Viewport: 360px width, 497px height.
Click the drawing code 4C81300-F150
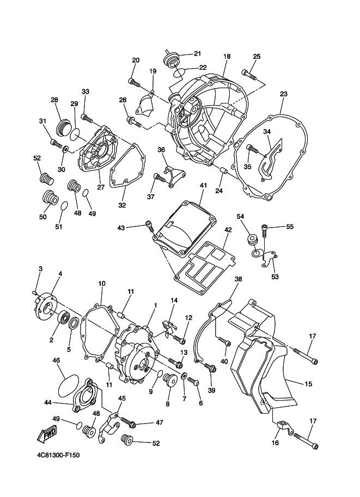[x=58, y=456]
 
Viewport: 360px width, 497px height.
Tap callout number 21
[x=197, y=53]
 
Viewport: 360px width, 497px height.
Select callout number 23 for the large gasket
[x=284, y=94]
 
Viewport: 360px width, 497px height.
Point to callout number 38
[x=238, y=279]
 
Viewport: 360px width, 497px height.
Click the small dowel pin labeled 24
[x=224, y=172]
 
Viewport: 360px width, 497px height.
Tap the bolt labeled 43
[x=149, y=226]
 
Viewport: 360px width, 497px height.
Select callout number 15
[x=308, y=384]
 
